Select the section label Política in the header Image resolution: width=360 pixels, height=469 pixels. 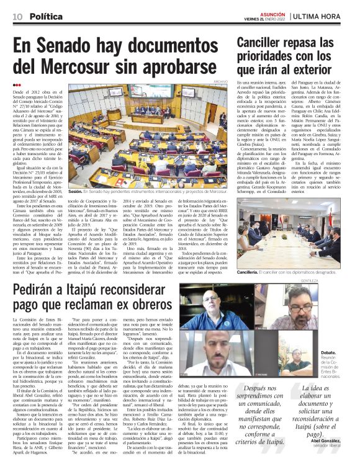[46, 15]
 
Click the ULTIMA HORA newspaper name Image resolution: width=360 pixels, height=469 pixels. [322, 15]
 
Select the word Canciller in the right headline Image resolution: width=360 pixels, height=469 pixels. [266, 43]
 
